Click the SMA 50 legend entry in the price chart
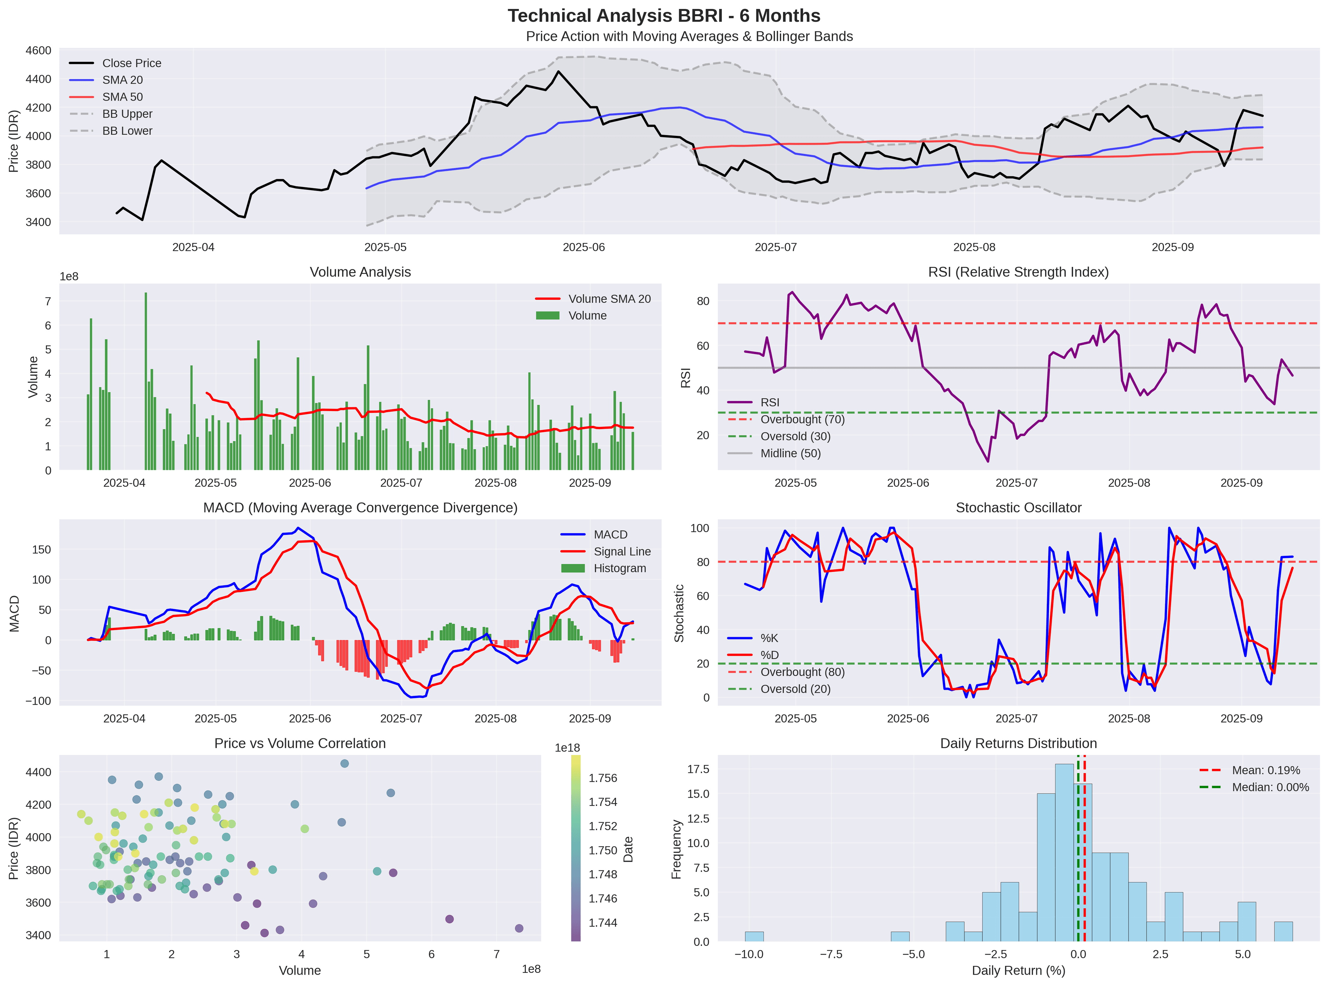122,97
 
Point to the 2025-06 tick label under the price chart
583,247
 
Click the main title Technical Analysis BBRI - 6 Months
663,16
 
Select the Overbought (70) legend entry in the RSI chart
802,420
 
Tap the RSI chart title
1018,272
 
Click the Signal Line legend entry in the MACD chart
621,551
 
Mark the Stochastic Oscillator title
1018,508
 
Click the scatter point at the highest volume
519,928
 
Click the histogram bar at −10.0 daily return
754,937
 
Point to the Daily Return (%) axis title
1018,970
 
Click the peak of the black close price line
558,72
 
